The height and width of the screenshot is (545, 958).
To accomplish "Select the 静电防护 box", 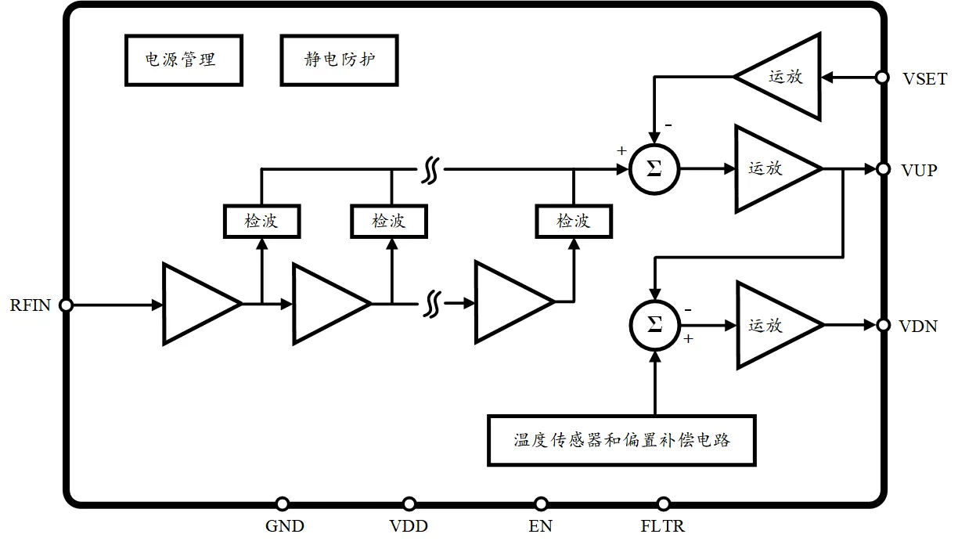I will [x=340, y=60].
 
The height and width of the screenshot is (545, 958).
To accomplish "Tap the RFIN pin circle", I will [x=67, y=305].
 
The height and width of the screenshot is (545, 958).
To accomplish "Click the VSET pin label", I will [x=924, y=79].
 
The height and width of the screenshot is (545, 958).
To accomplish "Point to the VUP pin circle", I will [x=882, y=169].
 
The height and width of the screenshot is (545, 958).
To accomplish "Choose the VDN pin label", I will [x=918, y=327].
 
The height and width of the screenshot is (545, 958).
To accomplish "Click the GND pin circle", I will [x=283, y=504].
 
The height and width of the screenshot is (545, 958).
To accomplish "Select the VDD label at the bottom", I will [x=409, y=526].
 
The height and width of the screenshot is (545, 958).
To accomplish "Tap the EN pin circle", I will [x=540, y=504].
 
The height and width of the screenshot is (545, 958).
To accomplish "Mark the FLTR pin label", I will [x=664, y=526].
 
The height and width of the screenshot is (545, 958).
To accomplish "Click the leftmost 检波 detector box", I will [x=261, y=221].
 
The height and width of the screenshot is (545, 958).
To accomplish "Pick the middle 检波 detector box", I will [x=389, y=221].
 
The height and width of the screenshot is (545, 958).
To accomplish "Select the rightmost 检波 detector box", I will [x=574, y=221].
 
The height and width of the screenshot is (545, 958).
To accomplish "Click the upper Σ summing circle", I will [x=655, y=168].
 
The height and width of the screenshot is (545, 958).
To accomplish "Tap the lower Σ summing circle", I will [x=655, y=325].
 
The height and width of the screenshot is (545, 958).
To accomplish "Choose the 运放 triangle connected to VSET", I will [x=783, y=77].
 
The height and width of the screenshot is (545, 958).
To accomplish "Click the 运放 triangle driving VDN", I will [x=771, y=325].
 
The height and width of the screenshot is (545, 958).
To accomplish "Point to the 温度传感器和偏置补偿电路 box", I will [x=622, y=440].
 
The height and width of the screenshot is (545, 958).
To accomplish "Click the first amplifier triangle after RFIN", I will [x=196, y=304].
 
